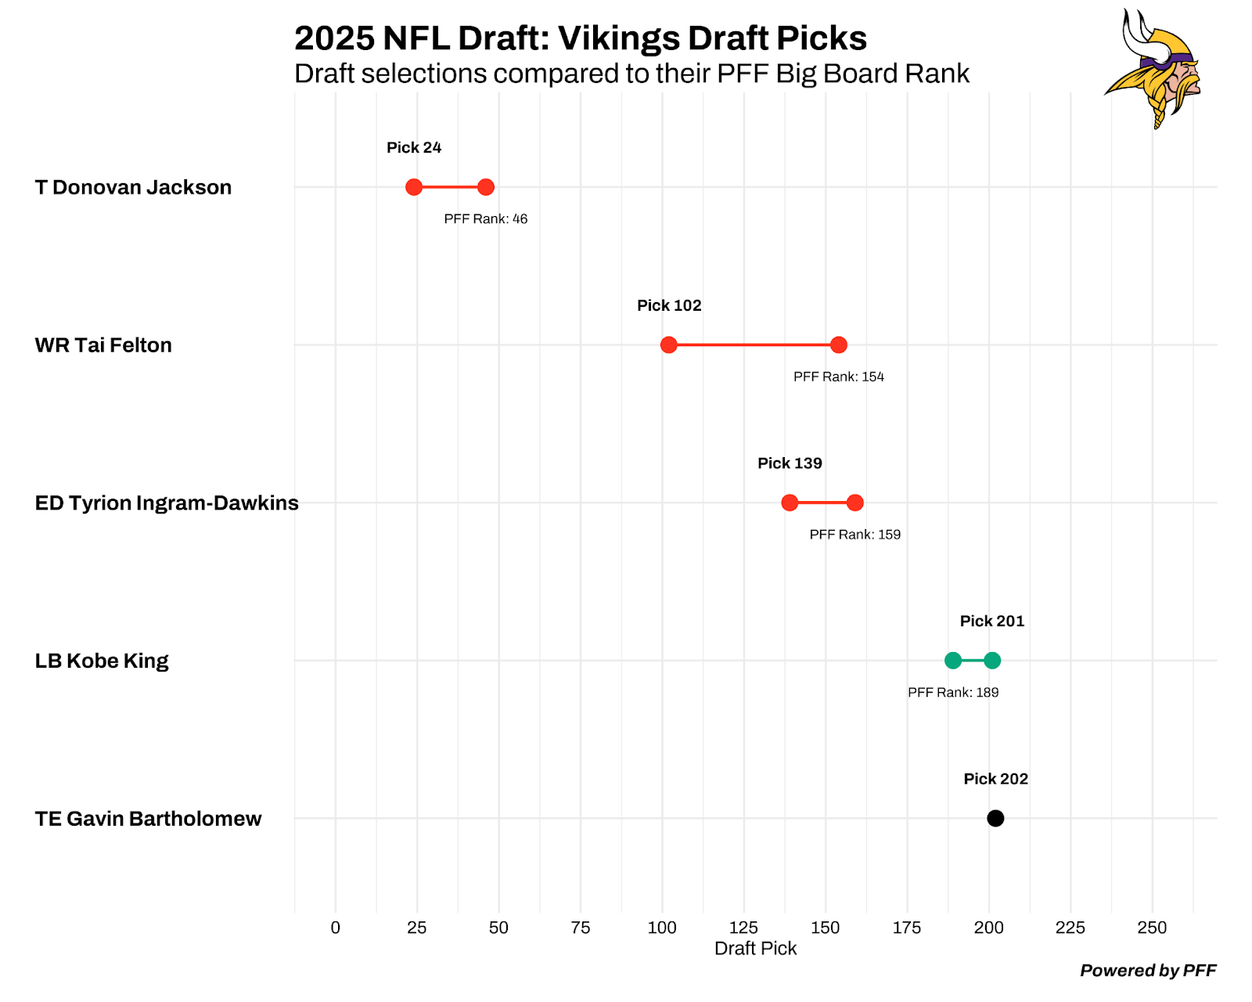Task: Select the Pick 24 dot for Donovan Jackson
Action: [414, 187]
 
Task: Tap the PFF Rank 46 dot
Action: [486, 187]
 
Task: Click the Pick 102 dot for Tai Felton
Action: [668, 345]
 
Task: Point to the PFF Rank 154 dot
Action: [839, 345]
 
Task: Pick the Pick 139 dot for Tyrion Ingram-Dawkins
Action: [790, 503]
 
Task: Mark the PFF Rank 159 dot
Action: [855, 503]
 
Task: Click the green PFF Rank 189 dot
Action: [953, 661]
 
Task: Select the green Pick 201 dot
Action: [992, 661]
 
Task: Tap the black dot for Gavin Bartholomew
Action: [995, 818]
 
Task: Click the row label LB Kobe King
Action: [102, 661]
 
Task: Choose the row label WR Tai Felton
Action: [103, 345]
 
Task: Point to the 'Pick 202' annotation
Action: [995, 779]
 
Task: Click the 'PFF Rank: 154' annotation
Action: [839, 377]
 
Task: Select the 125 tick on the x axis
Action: [743, 928]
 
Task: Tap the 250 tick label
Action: [1152, 928]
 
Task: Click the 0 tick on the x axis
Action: [336, 928]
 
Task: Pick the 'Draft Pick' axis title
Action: [755, 949]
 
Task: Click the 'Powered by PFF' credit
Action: [1148, 971]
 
